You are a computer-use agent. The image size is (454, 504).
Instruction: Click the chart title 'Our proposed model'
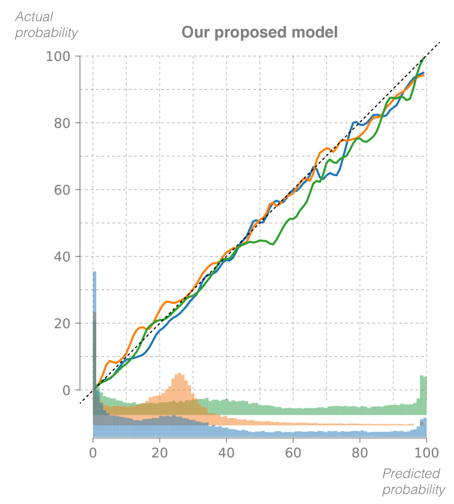point(260,33)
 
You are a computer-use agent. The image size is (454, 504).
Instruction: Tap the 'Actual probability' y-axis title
point(46,25)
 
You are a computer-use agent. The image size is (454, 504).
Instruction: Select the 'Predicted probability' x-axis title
point(413,482)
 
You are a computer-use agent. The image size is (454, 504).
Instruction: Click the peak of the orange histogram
point(179,375)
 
